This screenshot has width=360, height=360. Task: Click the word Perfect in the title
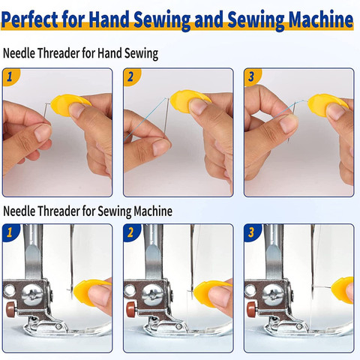[30, 19]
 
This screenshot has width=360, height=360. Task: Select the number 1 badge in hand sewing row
[10, 76]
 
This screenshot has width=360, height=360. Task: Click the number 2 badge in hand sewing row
[130, 76]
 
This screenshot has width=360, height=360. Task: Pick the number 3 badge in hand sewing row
[251, 76]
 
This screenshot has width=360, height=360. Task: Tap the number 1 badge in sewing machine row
[10, 232]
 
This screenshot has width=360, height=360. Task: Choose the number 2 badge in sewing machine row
[130, 232]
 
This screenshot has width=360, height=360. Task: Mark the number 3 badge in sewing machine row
[251, 232]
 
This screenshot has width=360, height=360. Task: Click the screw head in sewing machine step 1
[32, 295]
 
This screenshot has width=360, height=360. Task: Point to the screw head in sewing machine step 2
[152, 295]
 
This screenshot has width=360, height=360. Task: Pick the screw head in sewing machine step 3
[273, 295]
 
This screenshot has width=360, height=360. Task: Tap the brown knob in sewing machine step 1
[11, 310]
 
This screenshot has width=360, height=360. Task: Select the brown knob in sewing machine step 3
[252, 310]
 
